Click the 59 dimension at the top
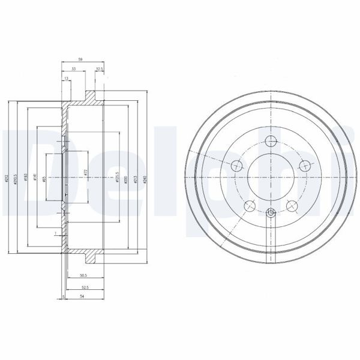tap(80, 59)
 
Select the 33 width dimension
tap(74, 70)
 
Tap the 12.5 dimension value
tap(100, 70)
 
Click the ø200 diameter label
tap(125, 178)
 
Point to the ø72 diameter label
tap(86, 172)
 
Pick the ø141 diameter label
tap(37, 178)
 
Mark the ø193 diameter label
tap(26, 178)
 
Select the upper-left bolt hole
tap(236, 166)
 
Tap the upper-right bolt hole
tap(305, 166)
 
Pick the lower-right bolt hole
tap(292, 206)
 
